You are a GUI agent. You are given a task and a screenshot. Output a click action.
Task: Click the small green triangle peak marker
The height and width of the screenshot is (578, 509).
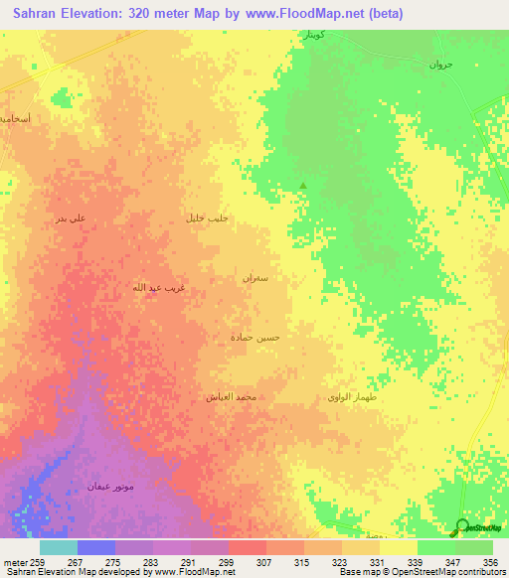tap(303, 185)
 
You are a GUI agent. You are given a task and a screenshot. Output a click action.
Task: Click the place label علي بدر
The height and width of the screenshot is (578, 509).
tap(71, 218)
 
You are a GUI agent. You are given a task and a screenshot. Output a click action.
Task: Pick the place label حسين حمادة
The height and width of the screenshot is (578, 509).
tap(255, 338)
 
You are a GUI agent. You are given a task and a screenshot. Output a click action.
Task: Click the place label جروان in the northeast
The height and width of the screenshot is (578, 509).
tap(440, 65)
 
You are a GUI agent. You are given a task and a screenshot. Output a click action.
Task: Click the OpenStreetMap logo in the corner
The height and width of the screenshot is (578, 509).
tap(478, 527)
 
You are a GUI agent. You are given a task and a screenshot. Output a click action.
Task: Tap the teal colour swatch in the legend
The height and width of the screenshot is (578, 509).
tap(58, 547)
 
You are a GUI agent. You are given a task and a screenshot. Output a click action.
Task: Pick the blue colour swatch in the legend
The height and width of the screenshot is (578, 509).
tap(95, 547)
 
